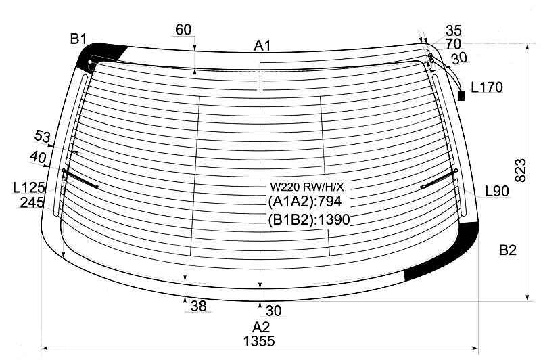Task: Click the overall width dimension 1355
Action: [x=260, y=342]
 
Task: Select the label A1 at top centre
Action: [x=262, y=46]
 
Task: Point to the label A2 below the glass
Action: [x=261, y=328]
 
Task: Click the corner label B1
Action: [x=78, y=39]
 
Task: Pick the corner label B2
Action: [x=508, y=251]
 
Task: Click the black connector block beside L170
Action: [x=462, y=96]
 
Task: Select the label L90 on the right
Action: [x=496, y=192]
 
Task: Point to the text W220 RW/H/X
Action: [x=302, y=187]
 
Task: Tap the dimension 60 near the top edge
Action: [x=183, y=29]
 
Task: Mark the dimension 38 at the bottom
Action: [x=198, y=306]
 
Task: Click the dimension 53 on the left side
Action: [x=43, y=138]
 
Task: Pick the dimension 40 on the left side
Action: [x=38, y=157]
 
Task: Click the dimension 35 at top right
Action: [x=454, y=30]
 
